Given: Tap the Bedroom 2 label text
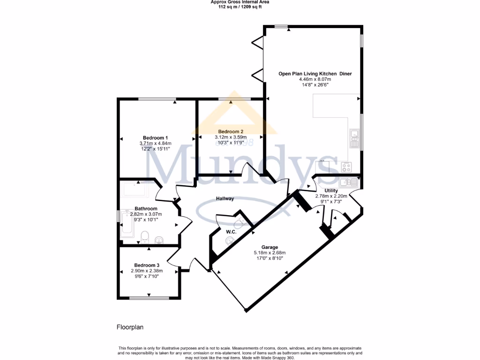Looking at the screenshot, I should coord(231,131).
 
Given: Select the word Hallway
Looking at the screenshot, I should coord(225,199).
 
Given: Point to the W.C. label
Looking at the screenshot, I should coord(231,232).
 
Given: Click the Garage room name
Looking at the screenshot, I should coord(270,247).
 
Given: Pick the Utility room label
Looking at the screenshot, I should coord(331,190).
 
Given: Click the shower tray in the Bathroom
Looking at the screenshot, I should coord(136,189).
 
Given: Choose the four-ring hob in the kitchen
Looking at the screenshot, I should coord(347,167).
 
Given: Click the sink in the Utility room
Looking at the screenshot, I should coord(346,182).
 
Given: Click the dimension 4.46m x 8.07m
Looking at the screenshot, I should coord(315,80).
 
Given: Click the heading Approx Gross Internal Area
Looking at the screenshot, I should coord(240,2).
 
